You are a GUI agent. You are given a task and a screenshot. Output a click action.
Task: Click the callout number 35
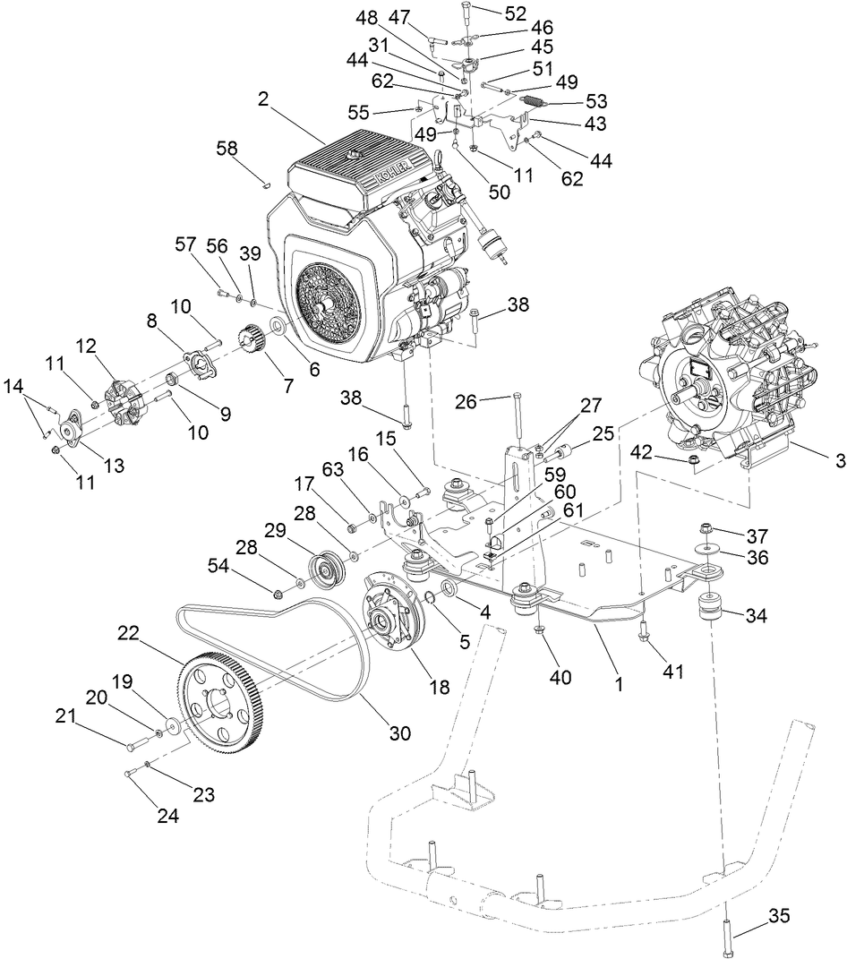pyautogui.click(x=778, y=917)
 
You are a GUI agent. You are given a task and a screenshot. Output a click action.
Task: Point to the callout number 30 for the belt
pyautogui.click(x=399, y=732)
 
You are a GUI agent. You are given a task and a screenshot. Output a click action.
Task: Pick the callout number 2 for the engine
pyautogui.click(x=262, y=99)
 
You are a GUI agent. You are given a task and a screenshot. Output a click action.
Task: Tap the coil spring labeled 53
pyautogui.click(x=535, y=104)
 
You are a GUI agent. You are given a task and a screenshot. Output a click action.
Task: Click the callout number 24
pyautogui.click(x=168, y=815)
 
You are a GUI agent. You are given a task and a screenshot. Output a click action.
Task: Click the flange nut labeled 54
pyautogui.click(x=278, y=591)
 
